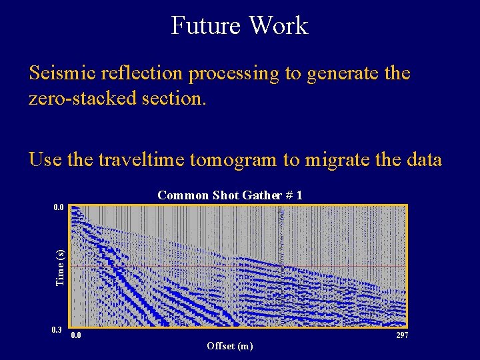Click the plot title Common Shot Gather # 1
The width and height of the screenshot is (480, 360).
coord(230,195)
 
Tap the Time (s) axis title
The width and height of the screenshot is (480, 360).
coord(61,267)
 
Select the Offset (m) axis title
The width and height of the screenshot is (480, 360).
coord(230,345)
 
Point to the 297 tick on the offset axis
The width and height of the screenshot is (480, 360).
coord(402,335)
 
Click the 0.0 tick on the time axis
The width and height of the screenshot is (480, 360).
coord(59,207)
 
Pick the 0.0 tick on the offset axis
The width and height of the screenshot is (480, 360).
coord(77,335)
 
